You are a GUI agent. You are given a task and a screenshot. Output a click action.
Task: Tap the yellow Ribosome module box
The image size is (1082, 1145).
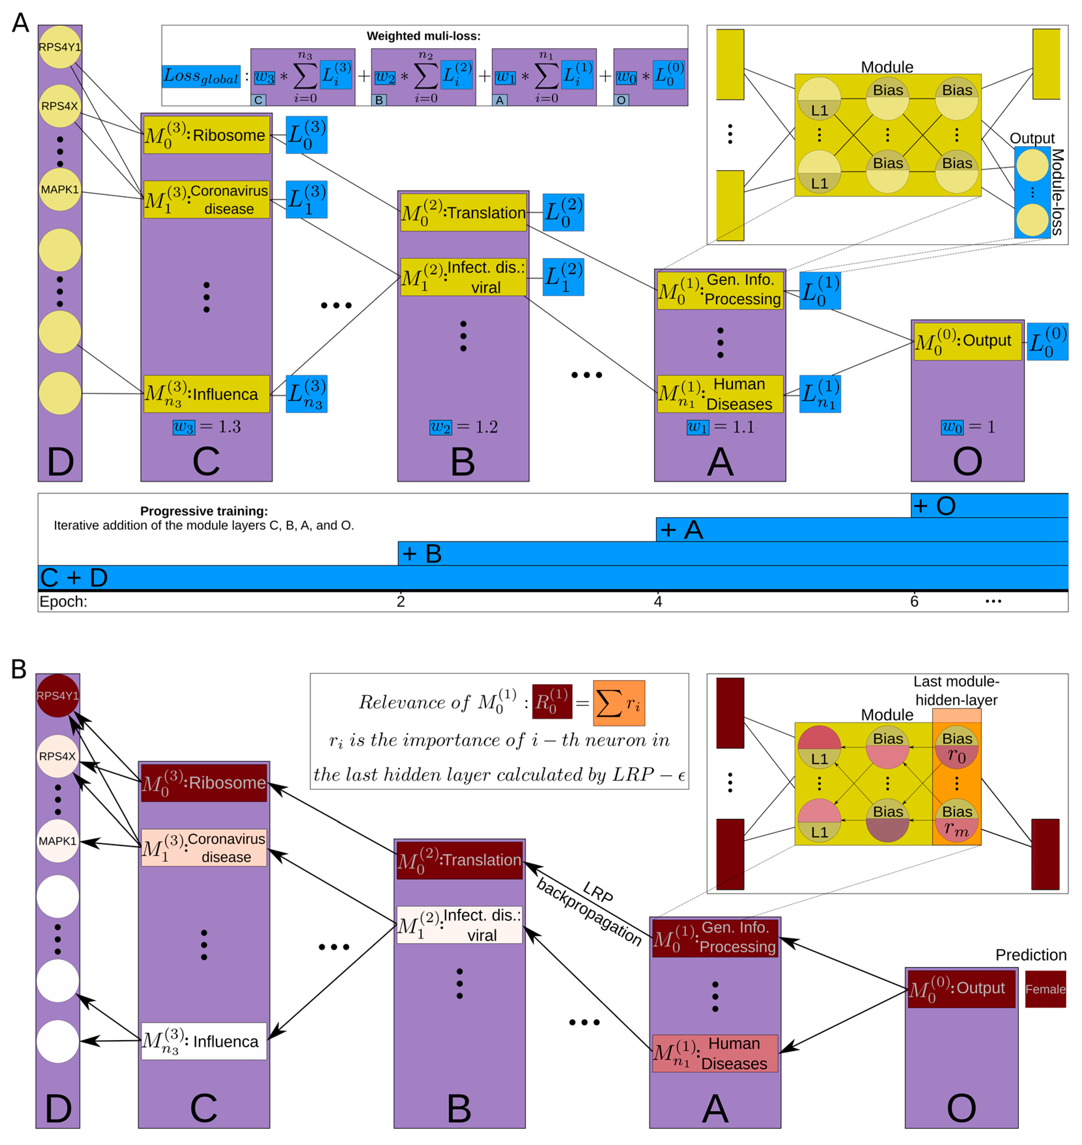pyautogui.click(x=206, y=135)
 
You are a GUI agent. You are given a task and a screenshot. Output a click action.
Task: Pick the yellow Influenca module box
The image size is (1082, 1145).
pyautogui.click(x=206, y=394)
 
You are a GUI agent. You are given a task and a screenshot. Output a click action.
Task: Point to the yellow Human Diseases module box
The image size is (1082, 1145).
pyautogui.click(x=720, y=394)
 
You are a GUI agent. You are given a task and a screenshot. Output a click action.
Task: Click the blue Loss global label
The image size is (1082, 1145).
pyautogui.click(x=201, y=76)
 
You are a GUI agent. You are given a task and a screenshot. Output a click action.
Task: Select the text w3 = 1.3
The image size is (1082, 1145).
pyautogui.click(x=206, y=427)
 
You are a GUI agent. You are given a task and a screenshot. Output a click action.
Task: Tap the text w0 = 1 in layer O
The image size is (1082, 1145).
pyautogui.click(x=967, y=427)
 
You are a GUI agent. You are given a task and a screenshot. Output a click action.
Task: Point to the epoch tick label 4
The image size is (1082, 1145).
pyautogui.click(x=657, y=601)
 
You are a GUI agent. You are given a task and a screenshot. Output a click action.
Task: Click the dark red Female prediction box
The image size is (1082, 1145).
pyautogui.click(x=1045, y=989)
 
